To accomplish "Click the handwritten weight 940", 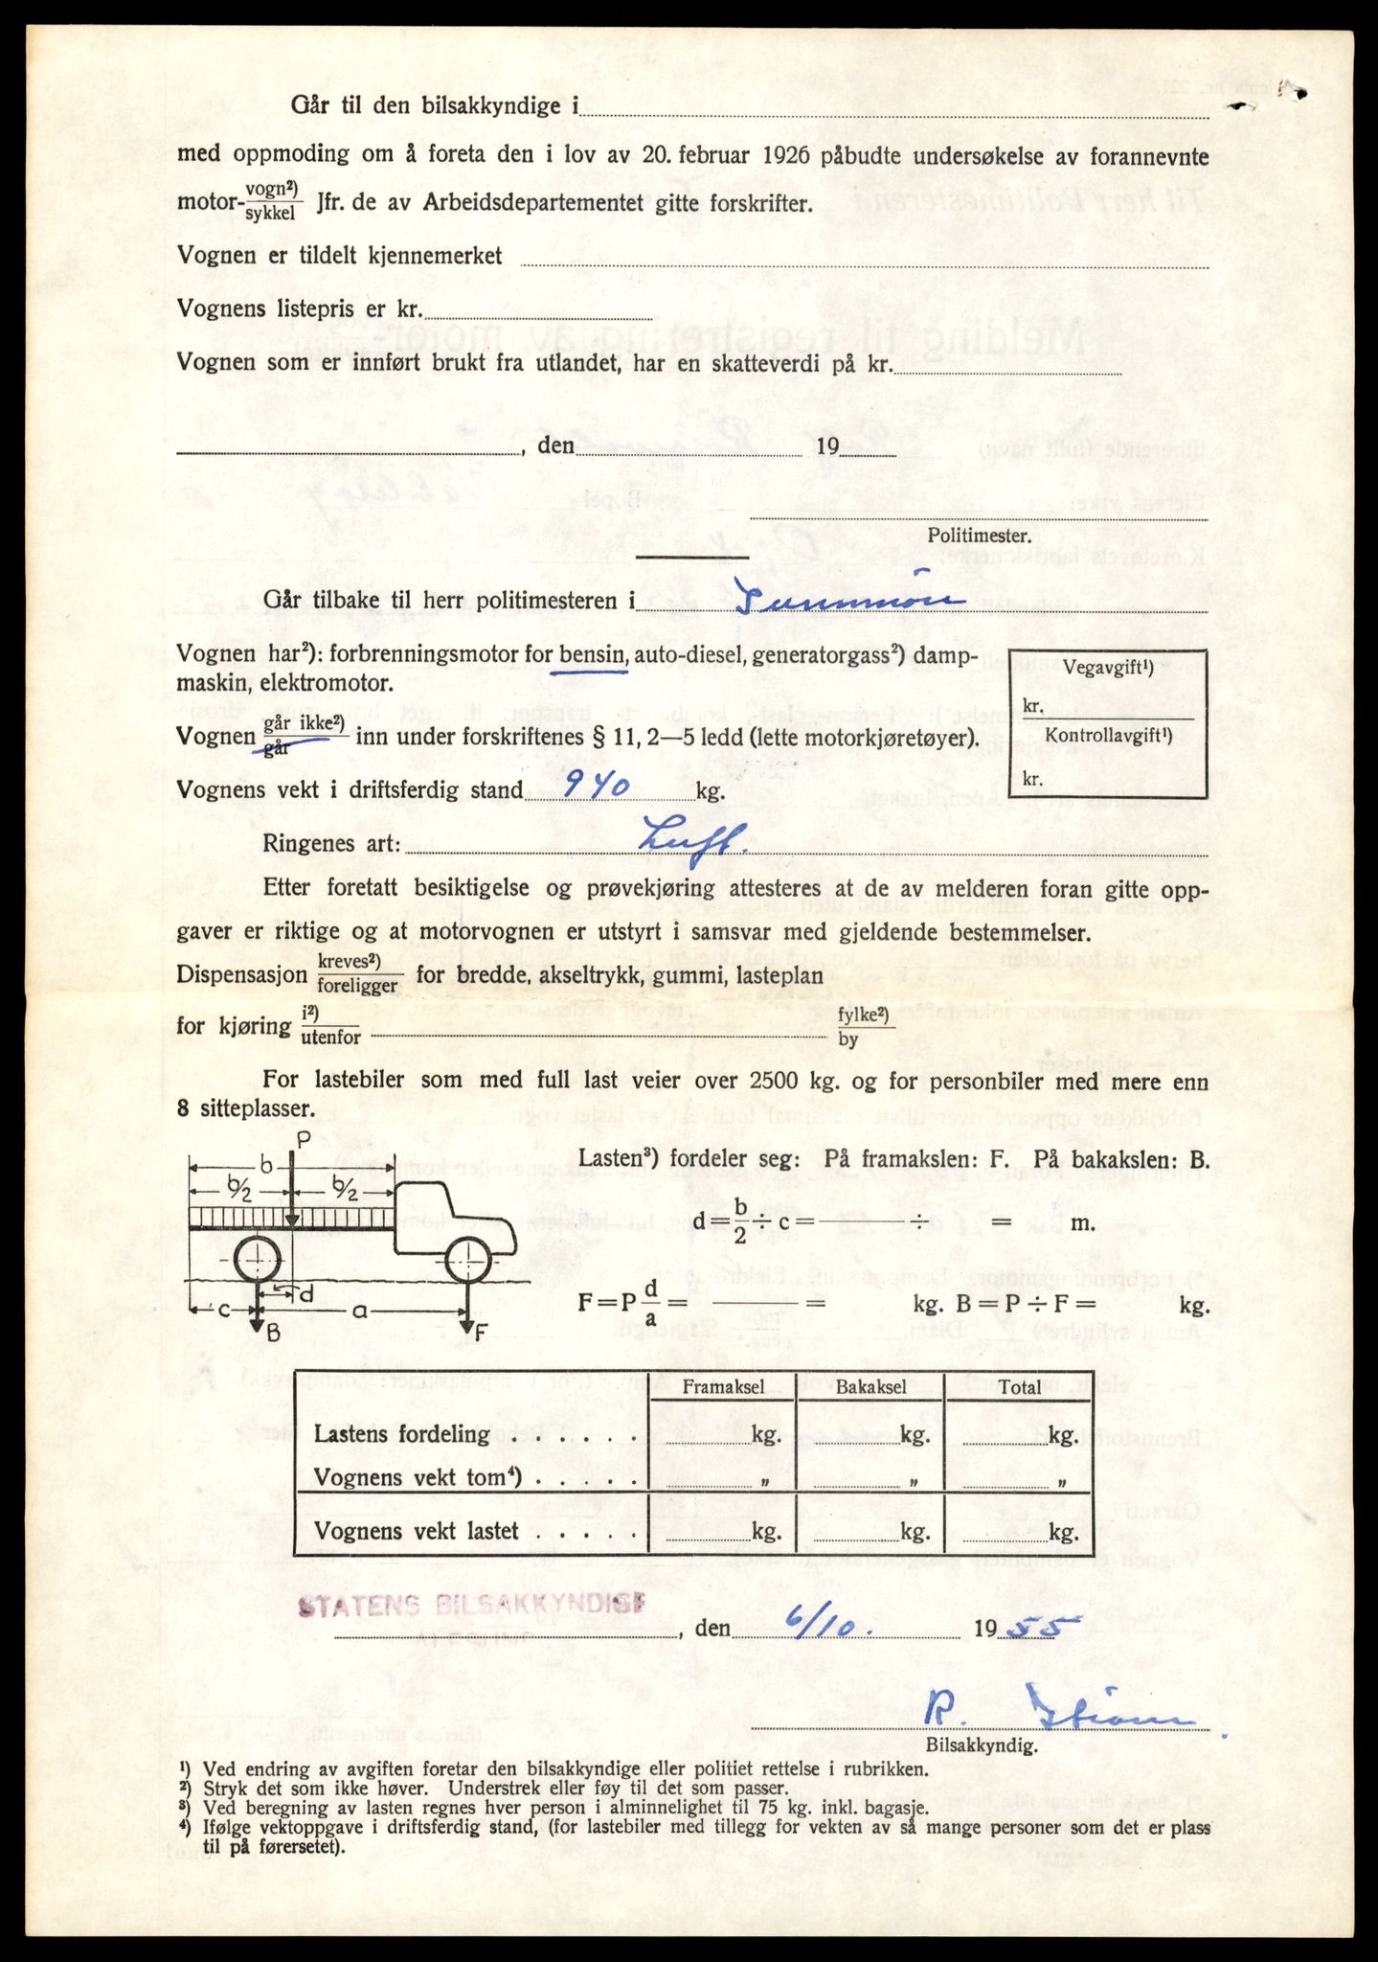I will [x=595, y=787].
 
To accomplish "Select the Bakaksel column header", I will [x=870, y=1388].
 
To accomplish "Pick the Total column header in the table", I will [x=1019, y=1388].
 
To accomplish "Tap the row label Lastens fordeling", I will [x=402, y=1434].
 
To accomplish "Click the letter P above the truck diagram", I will [x=304, y=1140].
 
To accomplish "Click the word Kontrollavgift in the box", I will [x=1108, y=736].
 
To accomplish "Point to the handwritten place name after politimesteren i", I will [x=849, y=600].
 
